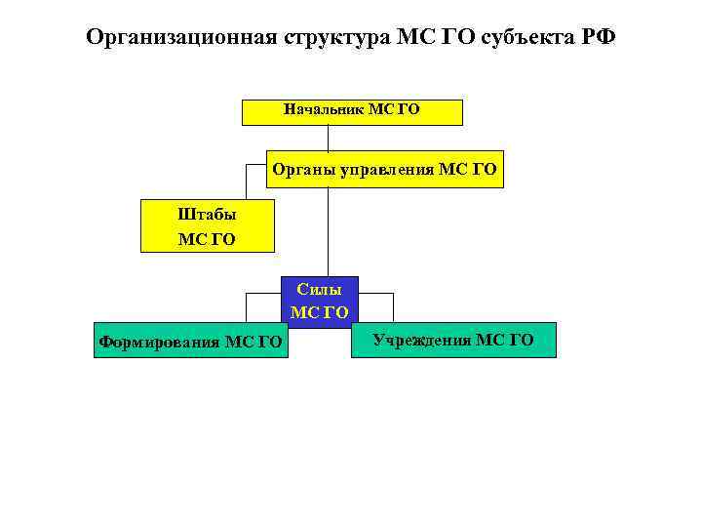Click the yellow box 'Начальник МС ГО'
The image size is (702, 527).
pos(352,112)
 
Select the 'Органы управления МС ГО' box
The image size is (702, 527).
pos(384,171)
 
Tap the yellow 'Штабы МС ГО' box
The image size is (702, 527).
pos(208,226)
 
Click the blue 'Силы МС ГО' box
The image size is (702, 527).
pos(320,301)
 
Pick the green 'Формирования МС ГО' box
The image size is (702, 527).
pos(191,341)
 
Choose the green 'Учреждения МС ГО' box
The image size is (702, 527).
pos(453,340)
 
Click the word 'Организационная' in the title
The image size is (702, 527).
pos(182,38)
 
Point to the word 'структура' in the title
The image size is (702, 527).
pos(338,38)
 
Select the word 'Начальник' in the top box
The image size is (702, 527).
pos(324,109)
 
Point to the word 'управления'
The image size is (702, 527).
pos(387,170)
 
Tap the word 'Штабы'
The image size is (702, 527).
pos(208,215)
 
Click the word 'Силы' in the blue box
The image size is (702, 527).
pos(320,290)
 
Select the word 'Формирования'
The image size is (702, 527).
pos(160,342)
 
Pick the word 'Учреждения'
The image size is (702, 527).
pos(422,340)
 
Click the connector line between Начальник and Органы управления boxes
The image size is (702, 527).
pos(329,139)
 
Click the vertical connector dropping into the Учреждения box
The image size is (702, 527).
pos(392,307)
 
